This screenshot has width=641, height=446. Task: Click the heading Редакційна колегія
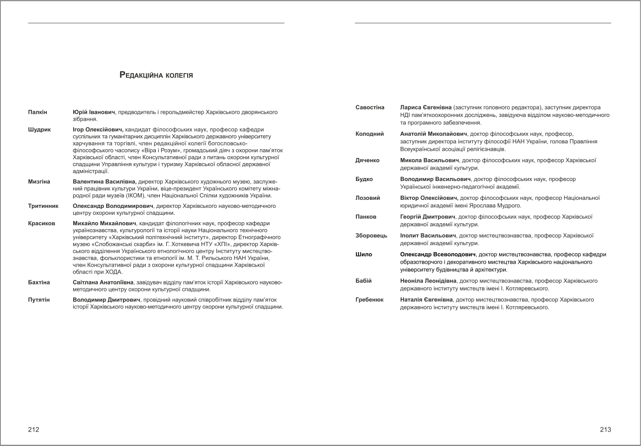pyautogui.click(x=156, y=76)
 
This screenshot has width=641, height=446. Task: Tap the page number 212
pyautogui.click(x=33, y=430)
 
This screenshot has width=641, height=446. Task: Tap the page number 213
pyautogui.click(x=605, y=430)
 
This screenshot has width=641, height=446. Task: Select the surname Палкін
pyautogui.click(x=38, y=112)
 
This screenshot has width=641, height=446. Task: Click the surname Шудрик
pyautogui.click(x=39, y=130)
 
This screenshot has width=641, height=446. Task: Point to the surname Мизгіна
pyautogui.click(x=39, y=182)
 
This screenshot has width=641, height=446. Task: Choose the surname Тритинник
pyautogui.click(x=43, y=206)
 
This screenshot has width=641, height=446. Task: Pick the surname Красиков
pyautogui.click(x=42, y=223)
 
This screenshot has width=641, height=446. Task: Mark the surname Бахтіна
pyautogui.click(x=39, y=282)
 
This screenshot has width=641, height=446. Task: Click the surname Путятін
pyautogui.click(x=39, y=300)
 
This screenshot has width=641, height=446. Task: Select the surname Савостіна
pyautogui.click(x=370, y=107)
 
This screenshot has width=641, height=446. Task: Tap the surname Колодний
pyautogui.click(x=369, y=134)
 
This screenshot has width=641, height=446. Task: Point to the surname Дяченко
pyautogui.click(x=367, y=161)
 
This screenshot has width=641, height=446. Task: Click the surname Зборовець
pyautogui.click(x=371, y=236)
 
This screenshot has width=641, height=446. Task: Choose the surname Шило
pyautogui.click(x=364, y=255)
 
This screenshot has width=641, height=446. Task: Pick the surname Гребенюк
pyautogui.click(x=369, y=300)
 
